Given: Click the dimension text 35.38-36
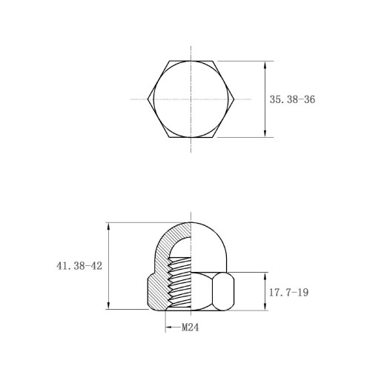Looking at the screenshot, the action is pyautogui.click(x=292, y=99).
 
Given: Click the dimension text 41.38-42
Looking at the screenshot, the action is pyautogui.click(x=79, y=266).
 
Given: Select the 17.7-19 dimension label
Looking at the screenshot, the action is pyautogui.click(x=288, y=293).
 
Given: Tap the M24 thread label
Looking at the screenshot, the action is pyautogui.click(x=191, y=328).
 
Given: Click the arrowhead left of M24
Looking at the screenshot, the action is pyautogui.click(x=169, y=328).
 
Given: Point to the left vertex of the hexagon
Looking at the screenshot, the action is pyautogui.click(x=148, y=99).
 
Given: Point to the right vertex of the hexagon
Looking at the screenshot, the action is pyautogui.click(x=234, y=99).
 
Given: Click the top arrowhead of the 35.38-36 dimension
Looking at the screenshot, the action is pyautogui.click(x=265, y=65).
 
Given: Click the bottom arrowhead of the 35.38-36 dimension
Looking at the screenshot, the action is pyautogui.click(x=265, y=133).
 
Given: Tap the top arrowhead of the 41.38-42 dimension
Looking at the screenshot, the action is pyautogui.click(x=108, y=227).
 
